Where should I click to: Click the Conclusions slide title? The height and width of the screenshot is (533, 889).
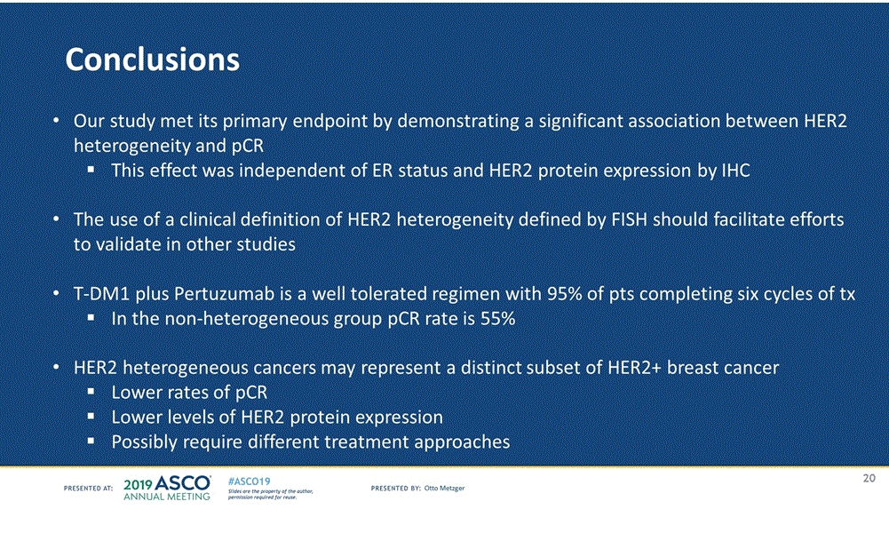pos(153,59)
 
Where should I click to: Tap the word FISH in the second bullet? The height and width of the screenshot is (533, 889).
pos(630,219)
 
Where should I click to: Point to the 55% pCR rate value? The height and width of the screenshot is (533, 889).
pos(498,319)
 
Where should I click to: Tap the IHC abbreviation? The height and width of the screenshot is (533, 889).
pos(736,171)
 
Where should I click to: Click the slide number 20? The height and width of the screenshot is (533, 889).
pos(869,478)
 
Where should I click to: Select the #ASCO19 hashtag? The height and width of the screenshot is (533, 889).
pos(249,481)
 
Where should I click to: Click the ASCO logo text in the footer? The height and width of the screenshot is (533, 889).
pos(183,483)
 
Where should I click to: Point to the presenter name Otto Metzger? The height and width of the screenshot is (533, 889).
pos(444,488)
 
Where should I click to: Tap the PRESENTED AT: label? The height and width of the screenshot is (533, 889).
pos(89,488)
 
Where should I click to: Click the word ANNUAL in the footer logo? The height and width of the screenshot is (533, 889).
pos(141,497)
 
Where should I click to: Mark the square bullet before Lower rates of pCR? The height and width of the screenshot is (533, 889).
pos(91,391)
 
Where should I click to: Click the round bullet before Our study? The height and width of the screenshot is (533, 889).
pos(56,122)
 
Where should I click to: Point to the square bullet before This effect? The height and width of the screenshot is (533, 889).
pos(91,170)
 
